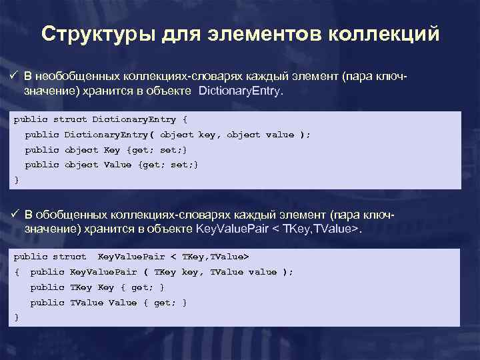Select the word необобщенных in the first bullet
coord(71,77)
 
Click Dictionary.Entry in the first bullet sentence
coord(241,91)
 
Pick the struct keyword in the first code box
coord(70,120)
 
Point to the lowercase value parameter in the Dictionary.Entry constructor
coord(279,135)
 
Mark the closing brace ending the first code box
coord(17,179)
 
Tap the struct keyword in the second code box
coord(70,257)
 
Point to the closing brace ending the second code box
coord(17,317)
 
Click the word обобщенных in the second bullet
coord(66,215)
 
